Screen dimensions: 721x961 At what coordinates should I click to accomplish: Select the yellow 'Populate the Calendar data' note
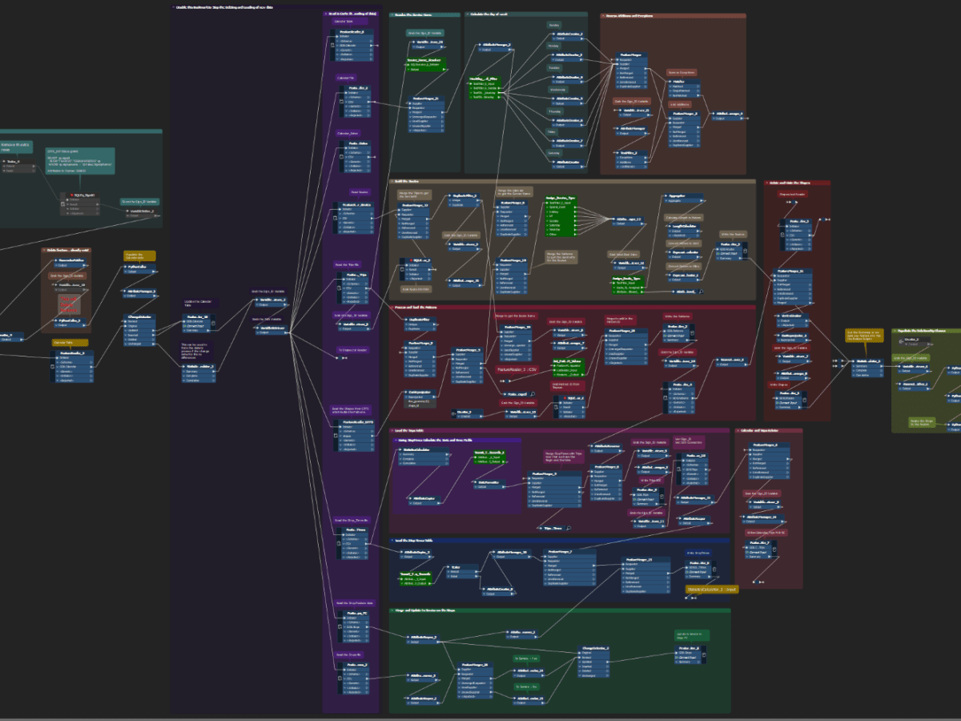point(139,256)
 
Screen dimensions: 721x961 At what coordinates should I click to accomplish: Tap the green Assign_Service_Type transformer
point(561,214)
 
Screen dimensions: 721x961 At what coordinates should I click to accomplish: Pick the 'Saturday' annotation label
point(552,152)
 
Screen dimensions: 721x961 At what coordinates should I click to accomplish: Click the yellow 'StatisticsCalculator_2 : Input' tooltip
point(711,590)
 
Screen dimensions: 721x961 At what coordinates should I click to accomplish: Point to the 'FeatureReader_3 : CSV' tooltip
point(522,370)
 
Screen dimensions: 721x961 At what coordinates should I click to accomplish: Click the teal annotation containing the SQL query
point(79,160)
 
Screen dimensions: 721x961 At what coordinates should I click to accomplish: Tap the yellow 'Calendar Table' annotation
point(64,342)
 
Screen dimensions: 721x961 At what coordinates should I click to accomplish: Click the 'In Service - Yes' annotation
point(525,659)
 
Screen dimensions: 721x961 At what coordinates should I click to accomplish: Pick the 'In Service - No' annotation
point(525,687)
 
